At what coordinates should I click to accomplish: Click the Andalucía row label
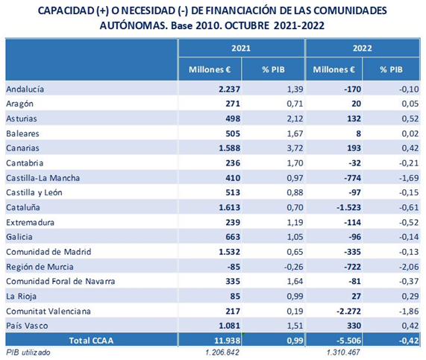25,89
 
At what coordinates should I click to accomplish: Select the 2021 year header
241,48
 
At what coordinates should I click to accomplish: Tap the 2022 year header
362,48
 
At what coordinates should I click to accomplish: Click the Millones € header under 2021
210,69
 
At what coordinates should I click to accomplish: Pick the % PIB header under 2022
391,69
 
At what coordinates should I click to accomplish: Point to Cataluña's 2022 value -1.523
349,207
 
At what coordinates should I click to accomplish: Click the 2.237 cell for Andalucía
229,89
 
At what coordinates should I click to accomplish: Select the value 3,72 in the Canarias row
295,148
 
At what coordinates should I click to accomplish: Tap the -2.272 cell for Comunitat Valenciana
349,311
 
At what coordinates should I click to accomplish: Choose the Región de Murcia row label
40,267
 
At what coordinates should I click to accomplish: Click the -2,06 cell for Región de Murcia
409,267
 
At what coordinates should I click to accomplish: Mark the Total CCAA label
91,341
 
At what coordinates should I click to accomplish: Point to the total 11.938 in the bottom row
227,341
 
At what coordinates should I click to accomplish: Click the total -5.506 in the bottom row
349,341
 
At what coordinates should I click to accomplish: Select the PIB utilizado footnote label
28,353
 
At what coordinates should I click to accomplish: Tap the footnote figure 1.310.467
343,353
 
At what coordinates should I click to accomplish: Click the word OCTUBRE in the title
247,26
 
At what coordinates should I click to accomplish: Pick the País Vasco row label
27,326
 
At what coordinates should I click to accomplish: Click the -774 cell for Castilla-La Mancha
353,178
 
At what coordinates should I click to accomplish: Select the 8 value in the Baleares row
358,133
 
